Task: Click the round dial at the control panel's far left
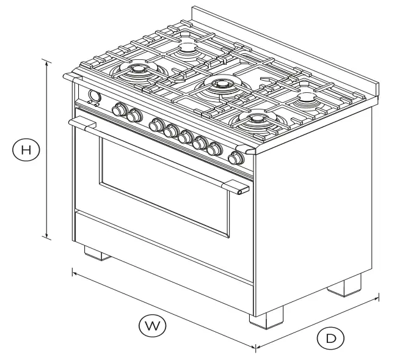pos(95,96)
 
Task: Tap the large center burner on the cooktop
pos(219,86)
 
